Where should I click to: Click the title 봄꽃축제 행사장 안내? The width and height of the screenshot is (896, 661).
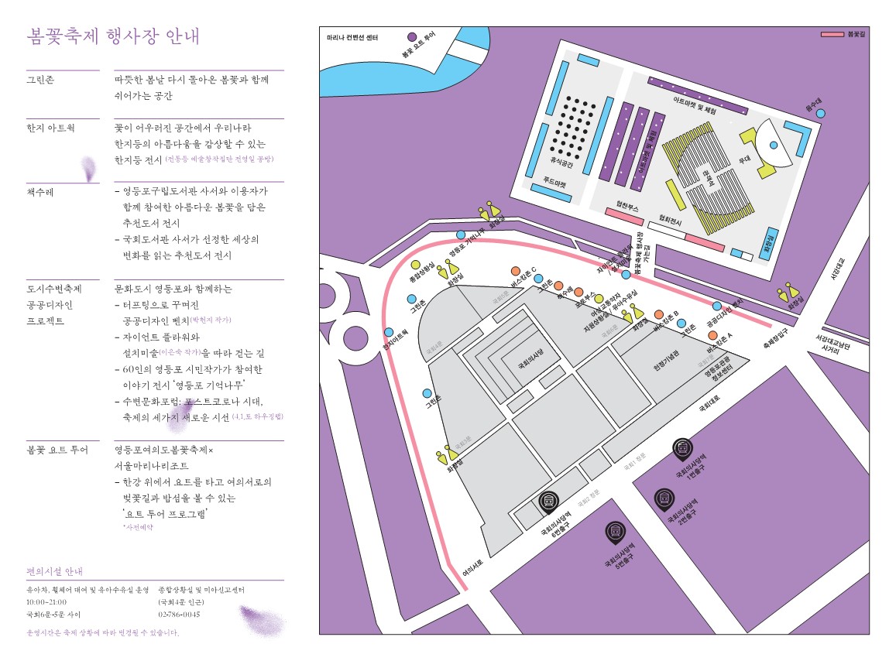(x=113, y=36)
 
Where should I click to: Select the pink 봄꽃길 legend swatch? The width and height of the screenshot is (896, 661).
(x=832, y=35)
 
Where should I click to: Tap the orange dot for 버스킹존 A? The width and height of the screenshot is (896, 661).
(x=712, y=336)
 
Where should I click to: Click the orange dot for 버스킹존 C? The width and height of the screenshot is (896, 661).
(x=516, y=271)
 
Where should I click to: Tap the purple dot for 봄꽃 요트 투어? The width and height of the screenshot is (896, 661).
(x=413, y=36)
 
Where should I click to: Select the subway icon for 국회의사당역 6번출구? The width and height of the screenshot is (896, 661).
(x=548, y=502)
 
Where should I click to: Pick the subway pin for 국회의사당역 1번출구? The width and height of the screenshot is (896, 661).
(x=681, y=447)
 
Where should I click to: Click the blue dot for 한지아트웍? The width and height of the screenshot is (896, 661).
(x=389, y=333)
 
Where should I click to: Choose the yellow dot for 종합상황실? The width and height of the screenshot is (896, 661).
(x=416, y=265)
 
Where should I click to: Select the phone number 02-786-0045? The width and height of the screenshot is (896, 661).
(x=180, y=615)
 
